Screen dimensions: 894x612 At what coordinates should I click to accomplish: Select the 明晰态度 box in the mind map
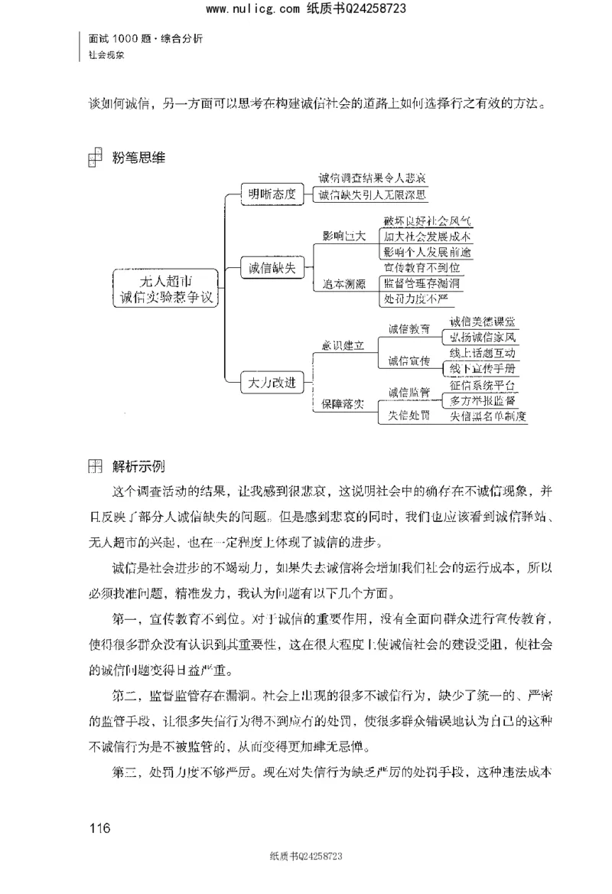(x=267, y=193)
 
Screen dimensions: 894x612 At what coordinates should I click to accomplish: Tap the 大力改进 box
(x=267, y=380)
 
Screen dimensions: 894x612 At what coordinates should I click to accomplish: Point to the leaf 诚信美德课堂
(x=483, y=321)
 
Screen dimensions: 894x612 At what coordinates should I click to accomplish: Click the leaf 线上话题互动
(x=483, y=353)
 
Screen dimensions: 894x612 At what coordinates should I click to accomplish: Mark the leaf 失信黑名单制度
(x=488, y=416)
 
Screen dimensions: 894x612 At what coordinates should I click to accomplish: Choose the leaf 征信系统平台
(x=483, y=385)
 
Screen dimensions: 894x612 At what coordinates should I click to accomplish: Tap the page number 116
(x=100, y=828)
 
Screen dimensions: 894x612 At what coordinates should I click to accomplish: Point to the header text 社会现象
(x=106, y=55)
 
